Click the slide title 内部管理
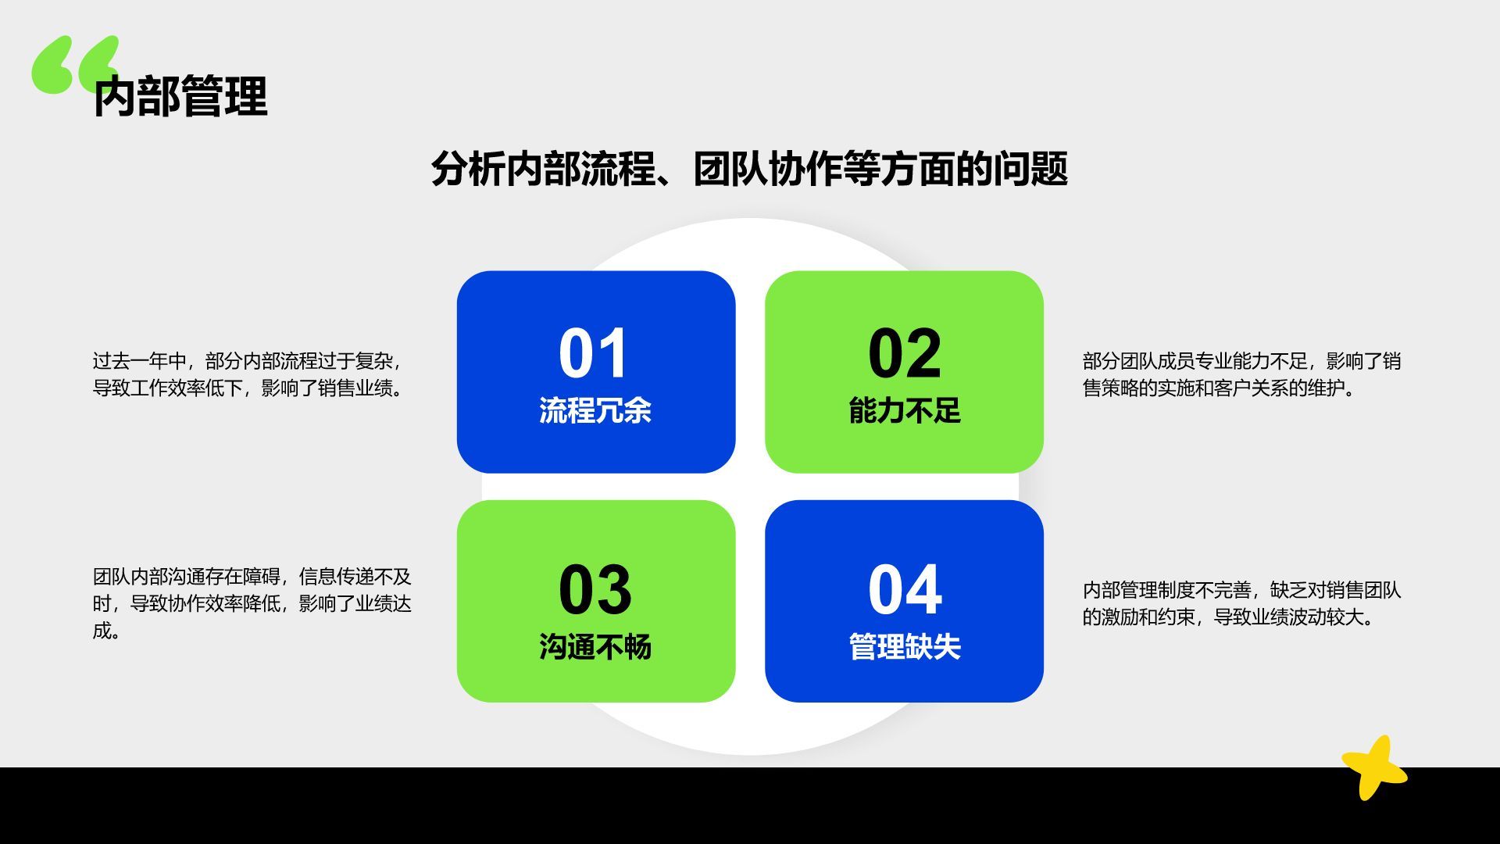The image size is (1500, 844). (x=180, y=97)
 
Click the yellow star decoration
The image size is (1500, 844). (x=1373, y=767)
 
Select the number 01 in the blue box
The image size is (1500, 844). (x=594, y=353)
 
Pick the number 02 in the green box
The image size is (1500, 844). (x=904, y=353)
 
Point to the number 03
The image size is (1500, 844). (x=595, y=590)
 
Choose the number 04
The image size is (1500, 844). (x=904, y=590)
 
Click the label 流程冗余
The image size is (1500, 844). (x=595, y=411)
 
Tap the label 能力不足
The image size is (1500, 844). (x=904, y=411)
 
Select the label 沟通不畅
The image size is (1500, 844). (x=595, y=647)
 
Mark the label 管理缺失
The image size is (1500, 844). (x=904, y=647)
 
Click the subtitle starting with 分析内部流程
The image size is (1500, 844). (x=749, y=169)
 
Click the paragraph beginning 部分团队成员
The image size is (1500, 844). (x=1241, y=374)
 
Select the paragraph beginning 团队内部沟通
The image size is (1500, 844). (x=252, y=603)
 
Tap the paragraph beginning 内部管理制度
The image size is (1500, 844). (x=1241, y=603)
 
